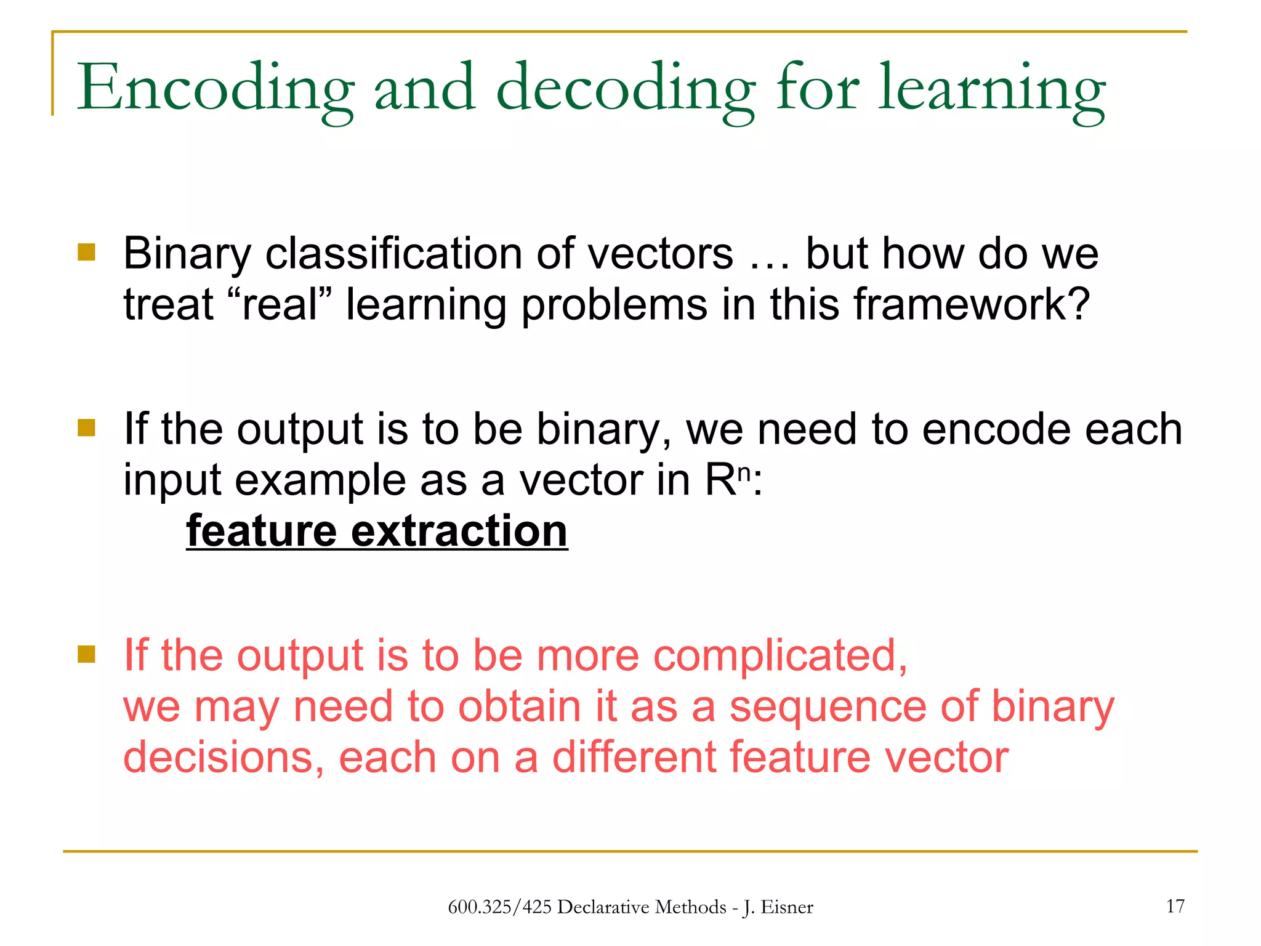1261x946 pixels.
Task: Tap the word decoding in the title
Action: (626, 89)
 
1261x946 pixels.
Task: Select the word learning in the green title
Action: (991, 89)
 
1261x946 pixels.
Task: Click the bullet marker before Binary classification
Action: (87, 253)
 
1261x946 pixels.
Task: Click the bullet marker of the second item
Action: (87, 427)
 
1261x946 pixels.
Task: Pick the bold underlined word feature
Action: (262, 531)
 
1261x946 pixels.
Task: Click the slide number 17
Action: (1175, 906)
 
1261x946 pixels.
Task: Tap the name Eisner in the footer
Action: (786, 907)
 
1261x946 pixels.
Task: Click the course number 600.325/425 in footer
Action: (499, 907)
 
